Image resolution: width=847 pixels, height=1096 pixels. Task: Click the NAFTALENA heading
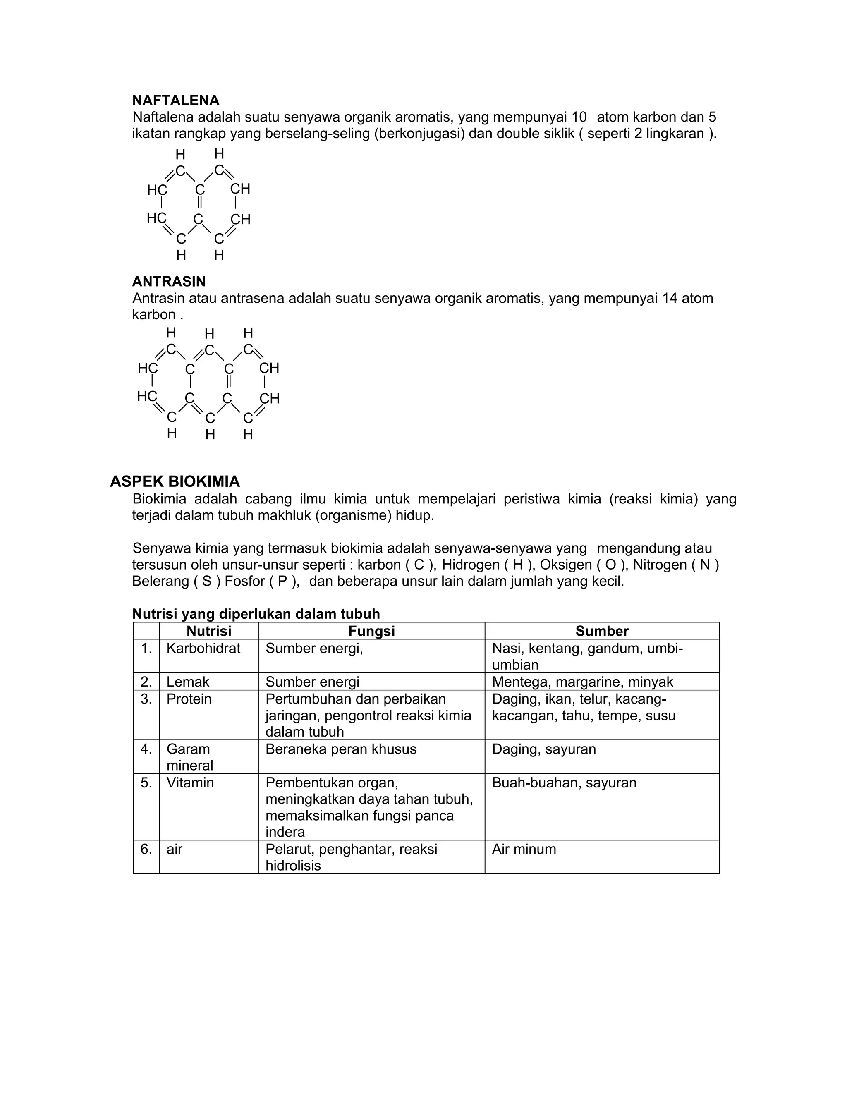(x=176, y=101)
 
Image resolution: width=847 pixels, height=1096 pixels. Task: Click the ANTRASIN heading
(x=169, y=281)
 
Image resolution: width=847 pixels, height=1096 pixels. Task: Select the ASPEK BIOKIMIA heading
(x=175, y=482)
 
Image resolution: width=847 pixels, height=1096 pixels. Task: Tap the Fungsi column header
(x=371, y=631)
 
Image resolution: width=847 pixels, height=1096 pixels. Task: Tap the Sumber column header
(x=602, y=631)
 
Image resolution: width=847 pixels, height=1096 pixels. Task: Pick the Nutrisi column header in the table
(x=209, y=631)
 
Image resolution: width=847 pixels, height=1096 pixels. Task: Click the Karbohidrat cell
(x=203, y=649)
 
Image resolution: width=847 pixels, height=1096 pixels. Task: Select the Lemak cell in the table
(x=188, y=682)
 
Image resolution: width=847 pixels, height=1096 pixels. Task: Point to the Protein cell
(x=189, y=699)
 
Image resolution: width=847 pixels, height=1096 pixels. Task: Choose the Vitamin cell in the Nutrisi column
(x=190, y=783)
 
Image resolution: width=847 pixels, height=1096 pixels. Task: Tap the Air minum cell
(x=524, y=849)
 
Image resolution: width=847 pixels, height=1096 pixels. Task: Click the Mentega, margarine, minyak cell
(x=582, y=682)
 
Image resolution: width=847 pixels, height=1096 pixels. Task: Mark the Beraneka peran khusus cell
(x=341, y=749)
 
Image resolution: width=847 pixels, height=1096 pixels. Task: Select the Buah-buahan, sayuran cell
(x=564, y=783)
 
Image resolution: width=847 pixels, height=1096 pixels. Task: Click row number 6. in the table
(x=146, y=849)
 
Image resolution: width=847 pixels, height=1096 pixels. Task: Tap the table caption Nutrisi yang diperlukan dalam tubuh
(x=256, y=614)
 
